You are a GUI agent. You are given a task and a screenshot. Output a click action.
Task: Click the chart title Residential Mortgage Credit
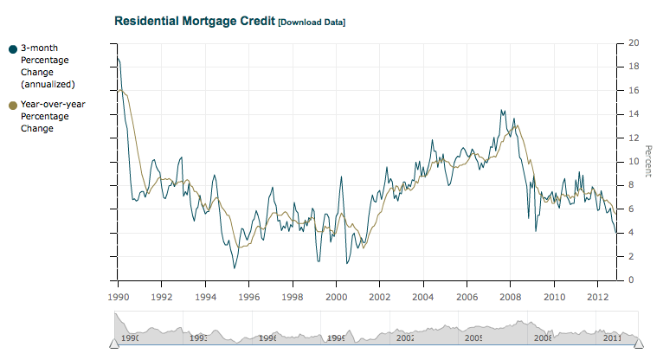(x=195, y=19)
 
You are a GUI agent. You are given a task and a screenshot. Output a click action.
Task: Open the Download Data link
(x=312, y=21)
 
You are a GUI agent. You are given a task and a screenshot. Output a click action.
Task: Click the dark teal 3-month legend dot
(x=12, y=49)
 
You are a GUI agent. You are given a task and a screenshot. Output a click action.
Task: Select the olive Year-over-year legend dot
(x=12, y=106)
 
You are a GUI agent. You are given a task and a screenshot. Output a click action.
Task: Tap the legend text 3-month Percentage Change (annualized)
(x=48, y=66)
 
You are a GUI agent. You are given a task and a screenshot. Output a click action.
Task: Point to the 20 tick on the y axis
(x=634, y=43)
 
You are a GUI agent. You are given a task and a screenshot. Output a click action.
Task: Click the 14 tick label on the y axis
(x=634, y=114)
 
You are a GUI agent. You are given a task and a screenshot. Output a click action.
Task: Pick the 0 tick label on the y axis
(x=635, y=280)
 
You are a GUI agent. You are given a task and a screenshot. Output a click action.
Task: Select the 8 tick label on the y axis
(x=635, y=185)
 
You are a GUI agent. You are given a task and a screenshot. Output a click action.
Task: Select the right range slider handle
(x=639, y=344)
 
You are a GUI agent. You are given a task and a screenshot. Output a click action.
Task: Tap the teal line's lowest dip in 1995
(x=234, y=267)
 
